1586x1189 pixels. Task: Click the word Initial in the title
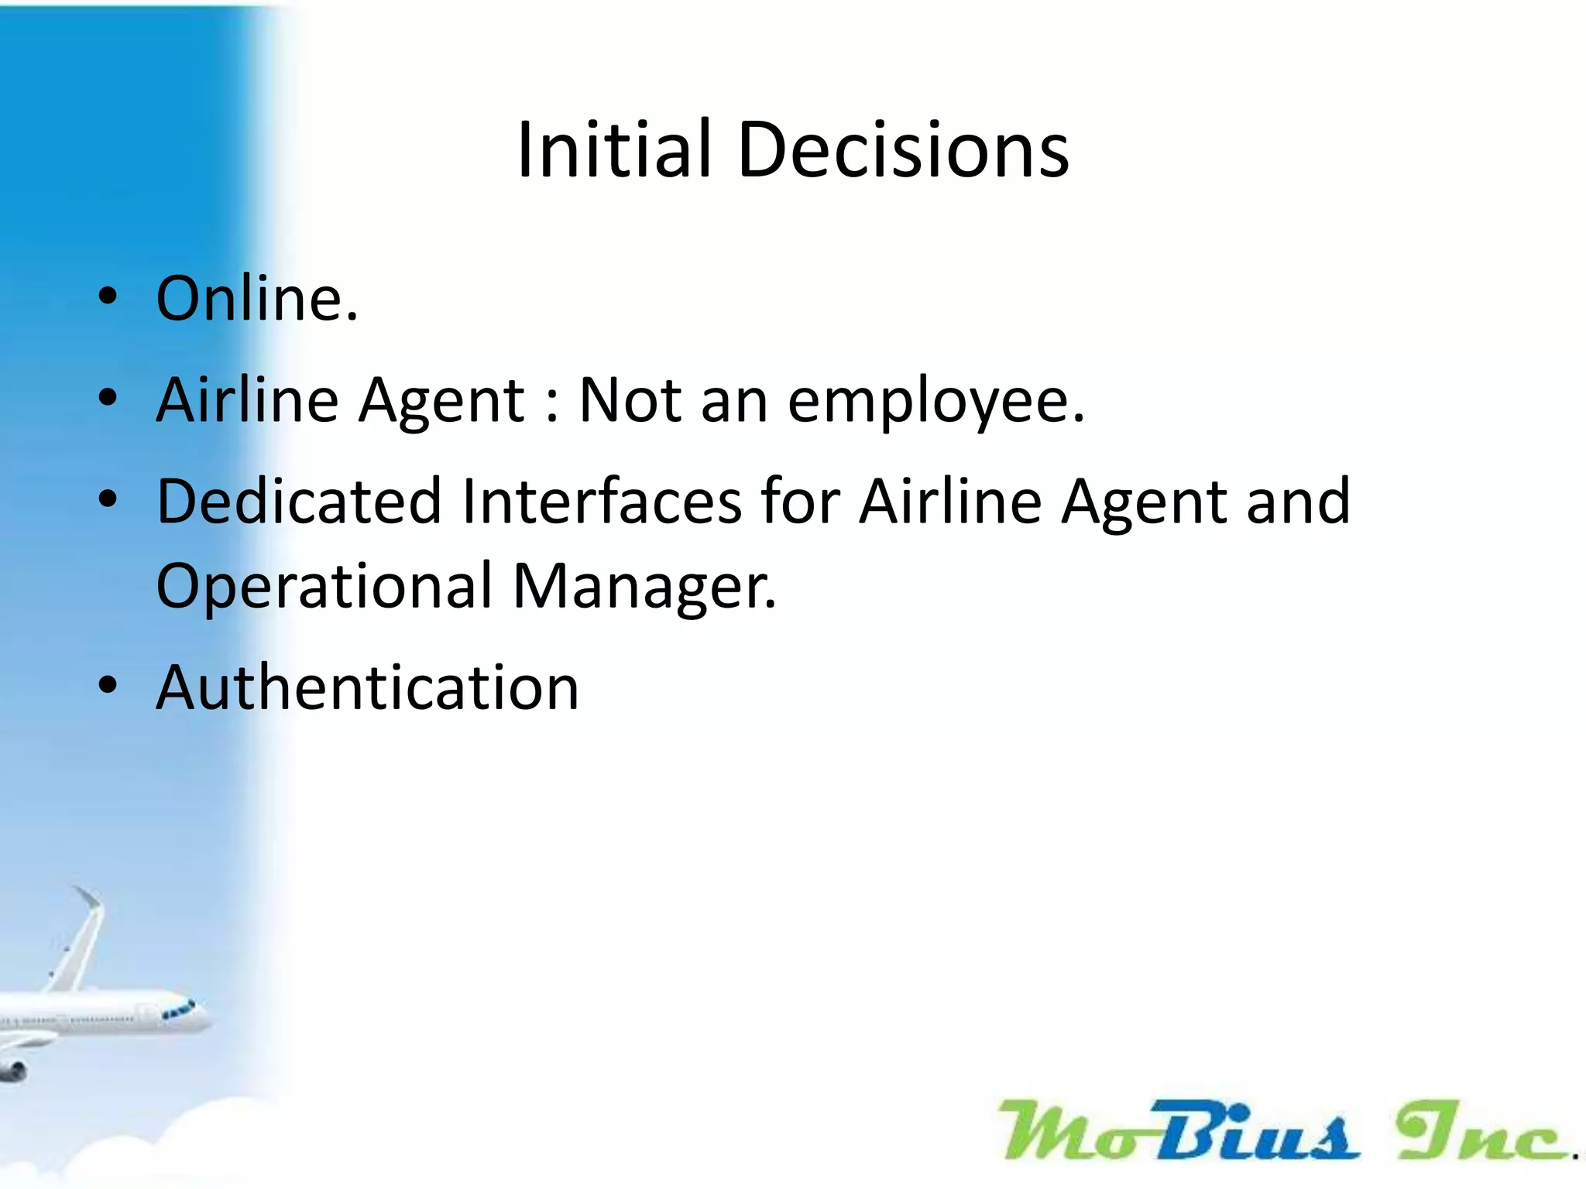click(x=613, y=150)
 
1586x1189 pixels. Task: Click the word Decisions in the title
click(x=904, y=150)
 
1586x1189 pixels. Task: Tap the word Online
click(x=256, y=299)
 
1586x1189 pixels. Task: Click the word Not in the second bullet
click(x=630, y=400)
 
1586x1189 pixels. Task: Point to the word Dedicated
click(x=299, y=502)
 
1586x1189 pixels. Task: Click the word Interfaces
click(x=602, y=502)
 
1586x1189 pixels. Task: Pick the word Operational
click(x=324, y=586)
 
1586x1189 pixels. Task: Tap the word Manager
click(x=644, y=586)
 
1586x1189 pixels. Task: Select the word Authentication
click(x=367, y=687)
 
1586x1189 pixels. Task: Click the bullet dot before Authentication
click(x=108, y=685)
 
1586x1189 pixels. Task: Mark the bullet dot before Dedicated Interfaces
click(x=108, y=499)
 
